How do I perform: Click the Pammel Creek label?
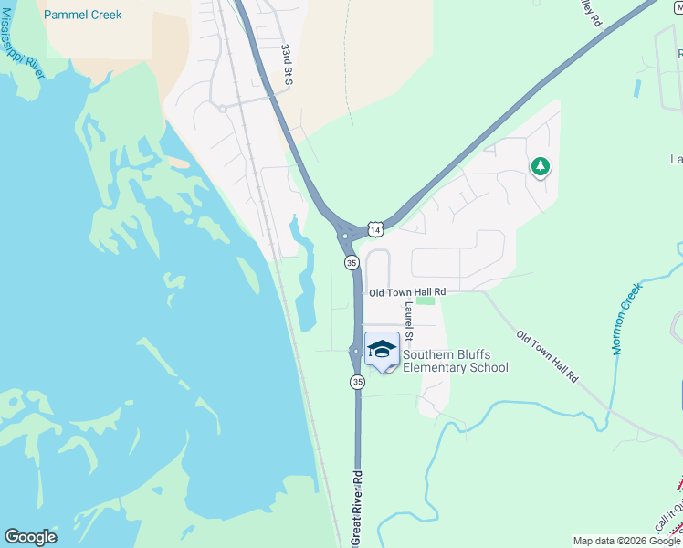tap(82, 15)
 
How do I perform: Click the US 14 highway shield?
tap(375, 228)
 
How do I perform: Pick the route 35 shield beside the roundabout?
tap(352, 263)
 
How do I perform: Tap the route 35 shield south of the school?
tap(357, 382)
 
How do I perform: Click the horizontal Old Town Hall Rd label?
tap(406, 292)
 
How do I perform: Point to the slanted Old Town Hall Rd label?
tap(547, 356)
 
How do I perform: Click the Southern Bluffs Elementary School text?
tap(455, 362)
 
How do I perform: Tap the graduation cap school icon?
tap(382, 349)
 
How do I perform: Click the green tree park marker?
tap(541, 166)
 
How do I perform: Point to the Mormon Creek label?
tap(625, 318)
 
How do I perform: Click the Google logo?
tap(30, 537)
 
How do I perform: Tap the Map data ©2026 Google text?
tap(627, 541)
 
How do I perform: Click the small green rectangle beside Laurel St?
tap(425, 300)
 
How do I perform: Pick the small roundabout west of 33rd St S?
tap(222, 108)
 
